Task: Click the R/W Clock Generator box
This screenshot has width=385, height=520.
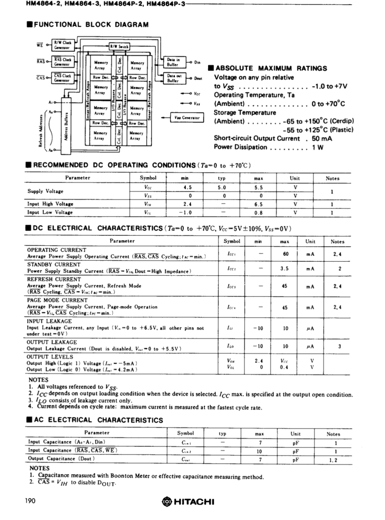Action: click(x=63, y=45)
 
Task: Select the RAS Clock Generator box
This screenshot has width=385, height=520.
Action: click(x=63, y=62)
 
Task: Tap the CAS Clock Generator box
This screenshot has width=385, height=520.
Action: click(x=63, y=78)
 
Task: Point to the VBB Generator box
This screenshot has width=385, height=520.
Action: click(x=187, y=117)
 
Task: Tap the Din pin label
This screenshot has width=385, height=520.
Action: click(x=197, y=62)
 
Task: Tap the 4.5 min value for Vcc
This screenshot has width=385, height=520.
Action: click(x=187, y=187)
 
